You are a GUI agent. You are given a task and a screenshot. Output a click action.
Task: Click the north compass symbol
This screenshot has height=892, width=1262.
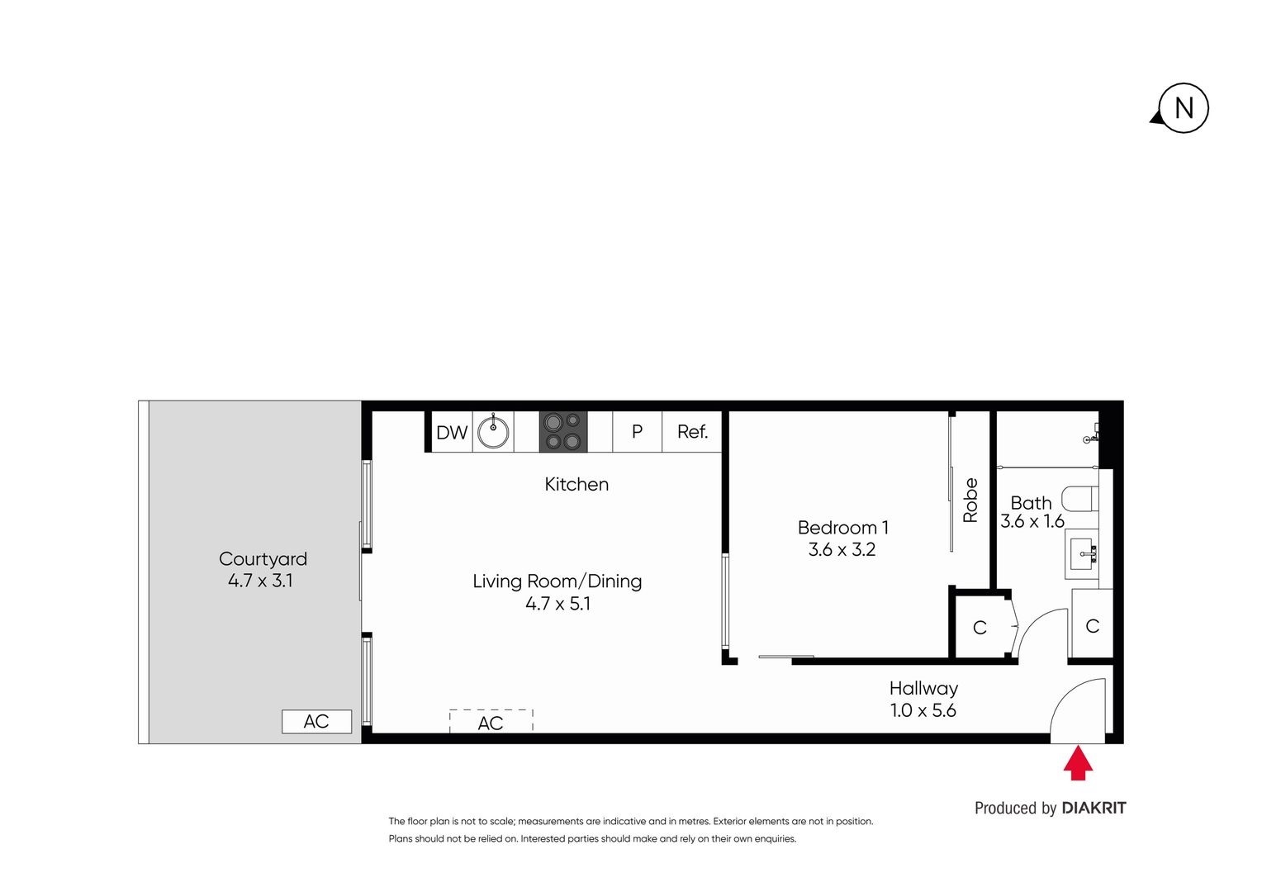[x=1183, y=108]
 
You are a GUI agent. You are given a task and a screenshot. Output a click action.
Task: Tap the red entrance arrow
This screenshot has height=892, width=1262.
[x=1078, y=763]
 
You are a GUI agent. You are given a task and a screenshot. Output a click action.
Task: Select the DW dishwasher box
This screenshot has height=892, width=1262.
[x=452, y=432]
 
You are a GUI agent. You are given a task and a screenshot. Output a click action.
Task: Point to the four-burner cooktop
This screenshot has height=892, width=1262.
[x=563, y=432]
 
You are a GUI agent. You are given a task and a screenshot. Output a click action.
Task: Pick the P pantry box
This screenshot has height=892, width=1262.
[x=637, y=432]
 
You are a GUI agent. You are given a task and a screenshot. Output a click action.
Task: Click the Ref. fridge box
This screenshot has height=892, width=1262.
[x=692, y=432]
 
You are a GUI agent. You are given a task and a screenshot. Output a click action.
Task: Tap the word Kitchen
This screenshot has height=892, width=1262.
[x=576, y=485]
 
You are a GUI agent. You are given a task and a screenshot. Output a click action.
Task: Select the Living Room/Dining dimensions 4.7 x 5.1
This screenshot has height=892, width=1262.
[x=558, y=604]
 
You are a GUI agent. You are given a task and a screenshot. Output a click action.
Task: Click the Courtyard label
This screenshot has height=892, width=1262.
[x=263, y=559]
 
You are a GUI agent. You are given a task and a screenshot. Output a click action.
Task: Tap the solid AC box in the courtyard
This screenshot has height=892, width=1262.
[x=316, y=721]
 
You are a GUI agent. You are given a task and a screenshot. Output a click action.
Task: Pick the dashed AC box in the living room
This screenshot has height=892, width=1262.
[x=491, y=722]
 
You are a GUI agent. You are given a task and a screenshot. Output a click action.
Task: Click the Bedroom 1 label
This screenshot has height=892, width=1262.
[x=842, y=528]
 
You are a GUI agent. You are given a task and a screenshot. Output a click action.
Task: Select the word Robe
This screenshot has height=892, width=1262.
[x=970, y=501]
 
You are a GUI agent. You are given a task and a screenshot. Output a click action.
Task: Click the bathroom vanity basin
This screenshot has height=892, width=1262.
[x=1082, y=553]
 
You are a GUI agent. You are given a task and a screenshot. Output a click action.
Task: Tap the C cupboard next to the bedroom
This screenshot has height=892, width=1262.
[x=980, y=628]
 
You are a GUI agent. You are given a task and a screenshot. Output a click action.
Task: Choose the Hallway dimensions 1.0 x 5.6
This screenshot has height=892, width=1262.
[x=923, y=710]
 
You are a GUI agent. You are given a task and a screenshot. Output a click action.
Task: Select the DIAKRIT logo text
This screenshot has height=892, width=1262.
[x=1094, y=808]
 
